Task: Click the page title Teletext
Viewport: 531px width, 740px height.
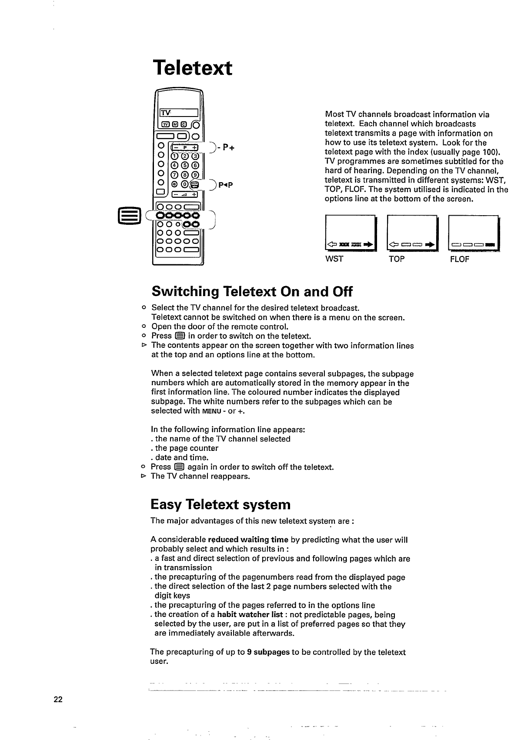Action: [193, 68]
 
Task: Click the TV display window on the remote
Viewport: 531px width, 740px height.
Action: [179, 113]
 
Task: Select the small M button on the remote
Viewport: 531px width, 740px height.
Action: [176, 126]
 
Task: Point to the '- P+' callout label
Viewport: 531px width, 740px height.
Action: [226, 147]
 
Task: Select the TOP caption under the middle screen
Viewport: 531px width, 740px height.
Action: [397, 260]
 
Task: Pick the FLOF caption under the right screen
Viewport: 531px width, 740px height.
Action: [460, 260]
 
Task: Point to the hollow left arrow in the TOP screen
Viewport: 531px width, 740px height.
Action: [394, 245]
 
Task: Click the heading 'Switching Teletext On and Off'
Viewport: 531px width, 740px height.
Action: [252, 291]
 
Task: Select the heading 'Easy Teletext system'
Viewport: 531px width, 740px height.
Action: [220, 504]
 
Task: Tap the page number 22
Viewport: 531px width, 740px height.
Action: [58, 700]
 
